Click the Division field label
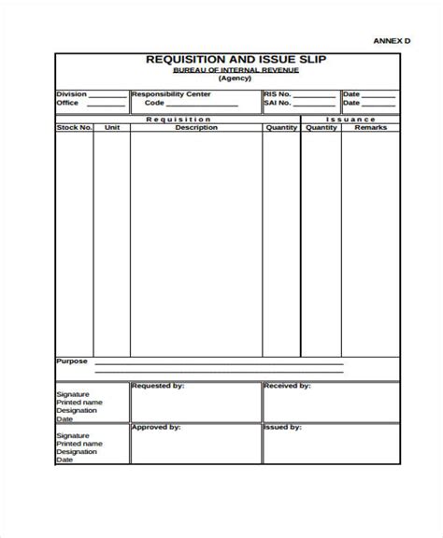(x=72, y=94)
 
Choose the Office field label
(x=68, y=103)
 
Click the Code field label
(x=154, y=103)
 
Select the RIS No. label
(x=279, y=94)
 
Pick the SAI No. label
(x=279, y=103)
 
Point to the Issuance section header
(x=351, y=120)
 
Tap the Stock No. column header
(x=74, y=127)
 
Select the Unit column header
(x=112, y=127)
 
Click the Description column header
(x=195, y=127)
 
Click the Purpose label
(x=72, y=361)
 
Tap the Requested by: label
(x=158, y=385)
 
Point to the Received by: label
(x=287, y=385)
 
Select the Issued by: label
(x=282, y=427)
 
